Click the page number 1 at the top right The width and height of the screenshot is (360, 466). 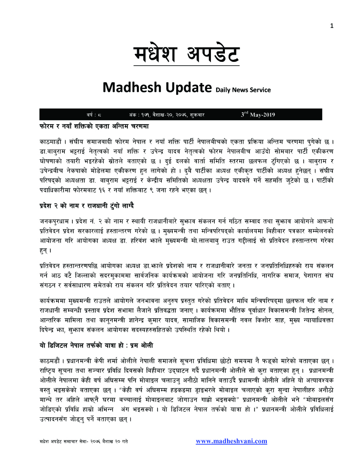(x=332, y=26)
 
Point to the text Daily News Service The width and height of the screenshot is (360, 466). (x=243, y=90)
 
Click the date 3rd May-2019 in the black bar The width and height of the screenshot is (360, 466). (x=258, y=114)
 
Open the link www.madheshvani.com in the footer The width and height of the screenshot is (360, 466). (x=231, y=441)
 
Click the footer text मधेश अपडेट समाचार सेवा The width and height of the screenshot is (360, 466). (x=68, y=441)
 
